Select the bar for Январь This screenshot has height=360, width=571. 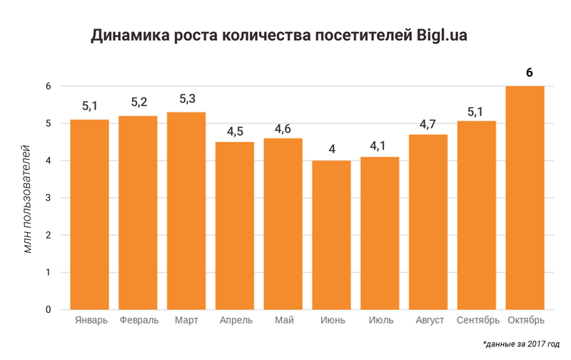coord(89,214)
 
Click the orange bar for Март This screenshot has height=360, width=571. coord(186,211)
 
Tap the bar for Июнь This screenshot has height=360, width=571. coord(331,235)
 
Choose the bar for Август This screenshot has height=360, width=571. coord(428,222)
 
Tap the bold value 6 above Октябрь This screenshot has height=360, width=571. coord(530,72)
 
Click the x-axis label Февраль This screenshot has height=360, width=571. coord(138,320)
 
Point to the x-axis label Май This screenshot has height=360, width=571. coord(283,320)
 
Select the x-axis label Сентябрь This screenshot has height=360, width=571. coord(477,320)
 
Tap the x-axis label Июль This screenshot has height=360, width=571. coord(380,320)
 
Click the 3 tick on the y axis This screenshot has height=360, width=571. coord(48,198)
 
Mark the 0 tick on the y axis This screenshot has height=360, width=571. coord(48,309)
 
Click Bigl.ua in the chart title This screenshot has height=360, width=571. coord(442,36)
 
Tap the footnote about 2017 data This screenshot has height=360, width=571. coord(520,344)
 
